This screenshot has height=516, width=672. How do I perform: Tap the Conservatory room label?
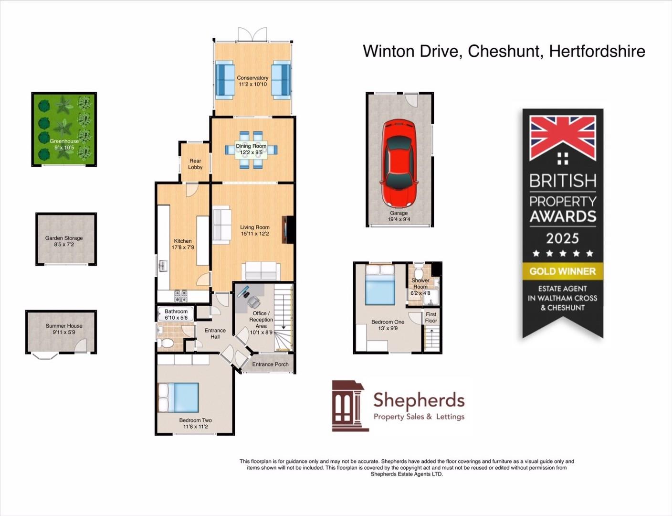(252, 78)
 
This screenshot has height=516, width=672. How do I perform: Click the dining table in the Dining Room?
(251, 150)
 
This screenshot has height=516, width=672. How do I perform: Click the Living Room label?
(254, 227)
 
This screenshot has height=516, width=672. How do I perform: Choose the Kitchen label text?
(183, 241)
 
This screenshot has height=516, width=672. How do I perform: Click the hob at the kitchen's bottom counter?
(181, 296)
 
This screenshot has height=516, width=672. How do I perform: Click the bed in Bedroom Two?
(178, 398)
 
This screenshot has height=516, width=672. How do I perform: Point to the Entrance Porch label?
(270, 364)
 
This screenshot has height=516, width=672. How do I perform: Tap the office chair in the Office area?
(253, 301)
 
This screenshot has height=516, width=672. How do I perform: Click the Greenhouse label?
(64, 141)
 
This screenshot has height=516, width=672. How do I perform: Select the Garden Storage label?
(64, 238)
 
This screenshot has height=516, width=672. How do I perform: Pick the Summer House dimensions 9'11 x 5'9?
(64, 333)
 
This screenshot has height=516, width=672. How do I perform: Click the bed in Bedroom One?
(380, 286)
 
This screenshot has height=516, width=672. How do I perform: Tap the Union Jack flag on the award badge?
(563, 138)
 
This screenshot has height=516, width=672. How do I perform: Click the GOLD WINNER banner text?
(563, 271)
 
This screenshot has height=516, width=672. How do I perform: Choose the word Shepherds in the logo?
(419, 400)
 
